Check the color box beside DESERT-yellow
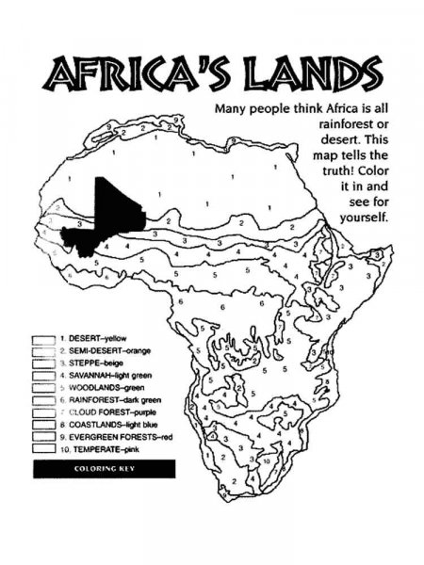(43, 337)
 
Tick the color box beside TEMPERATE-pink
(43, 451)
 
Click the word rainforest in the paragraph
(329, 125)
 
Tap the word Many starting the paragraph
(233, 108)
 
